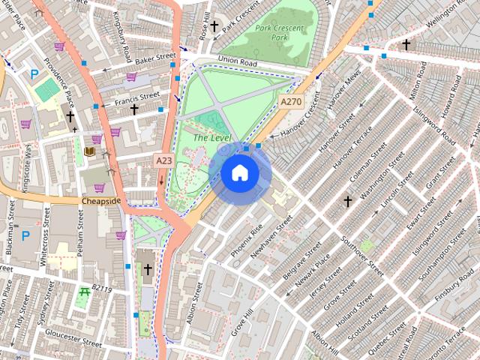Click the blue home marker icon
coord(240,173)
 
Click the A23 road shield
coord(163,160)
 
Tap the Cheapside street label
coord(101,201)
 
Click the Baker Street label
coord(154,56)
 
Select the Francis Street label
coord(137,96)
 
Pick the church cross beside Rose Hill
coord(214,27)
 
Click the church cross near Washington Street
coord(347,201)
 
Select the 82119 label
coord(102,289)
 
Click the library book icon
coord(90,152)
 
